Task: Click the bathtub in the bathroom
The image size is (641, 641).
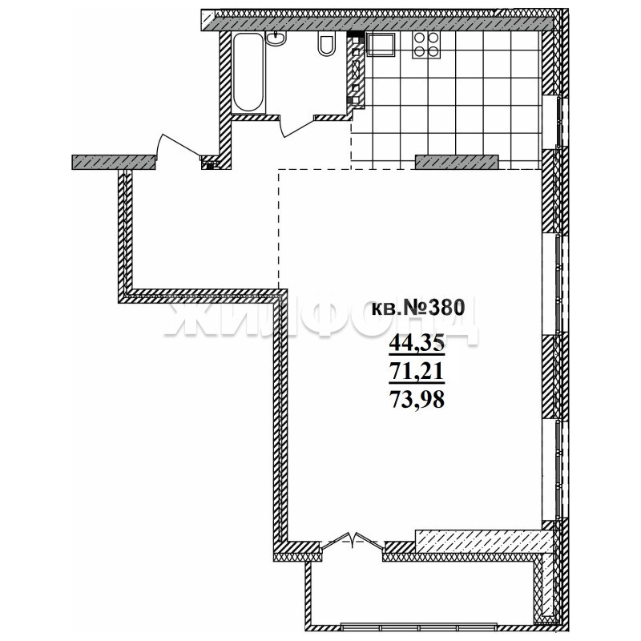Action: click(x=248, y=72)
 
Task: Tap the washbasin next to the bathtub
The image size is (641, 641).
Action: click(x=276, y=38)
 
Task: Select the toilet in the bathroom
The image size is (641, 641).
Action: click(x=327, y=44)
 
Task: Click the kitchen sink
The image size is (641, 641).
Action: click(x=381, y=44)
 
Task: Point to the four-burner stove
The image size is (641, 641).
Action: click(x=426, y=45)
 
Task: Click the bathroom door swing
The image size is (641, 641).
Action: click(x=298, y=127)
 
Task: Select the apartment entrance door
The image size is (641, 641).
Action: click(x=179, y=146)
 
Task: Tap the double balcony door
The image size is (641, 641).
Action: click(x=353, y=540)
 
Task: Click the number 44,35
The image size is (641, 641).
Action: click(x=417, y=343)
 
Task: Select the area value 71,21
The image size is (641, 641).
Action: click(x=417, y=371)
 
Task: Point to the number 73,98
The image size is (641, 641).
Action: click(x=417, y=400)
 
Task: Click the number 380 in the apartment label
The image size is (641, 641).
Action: click(x=446, y=307)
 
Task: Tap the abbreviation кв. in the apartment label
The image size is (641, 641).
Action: click(x=387, y=309)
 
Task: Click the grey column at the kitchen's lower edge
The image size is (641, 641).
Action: click(x=457, y=162)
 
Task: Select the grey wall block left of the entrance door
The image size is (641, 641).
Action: click(x=114, y=162)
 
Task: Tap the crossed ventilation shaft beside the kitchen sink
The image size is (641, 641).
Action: click(x=356, y=70)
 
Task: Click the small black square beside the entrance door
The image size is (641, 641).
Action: click(x=210, y=166)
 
